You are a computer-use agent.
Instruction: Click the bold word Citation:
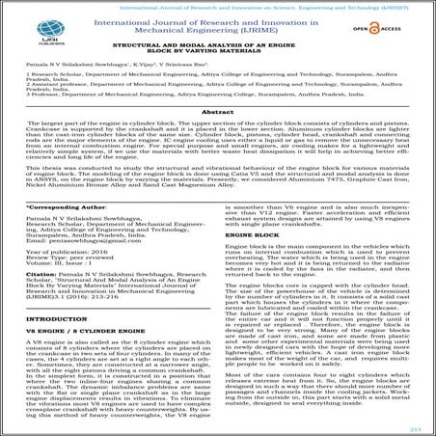(39, 299)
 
